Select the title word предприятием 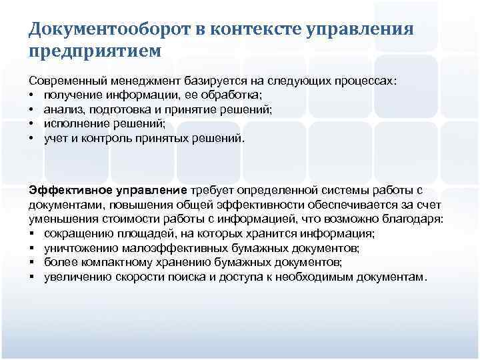pos(95,51)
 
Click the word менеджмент pos(143,80)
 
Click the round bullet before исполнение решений pos(32,124)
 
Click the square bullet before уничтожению pos(32,248)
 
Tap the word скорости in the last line pos(134,277)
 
